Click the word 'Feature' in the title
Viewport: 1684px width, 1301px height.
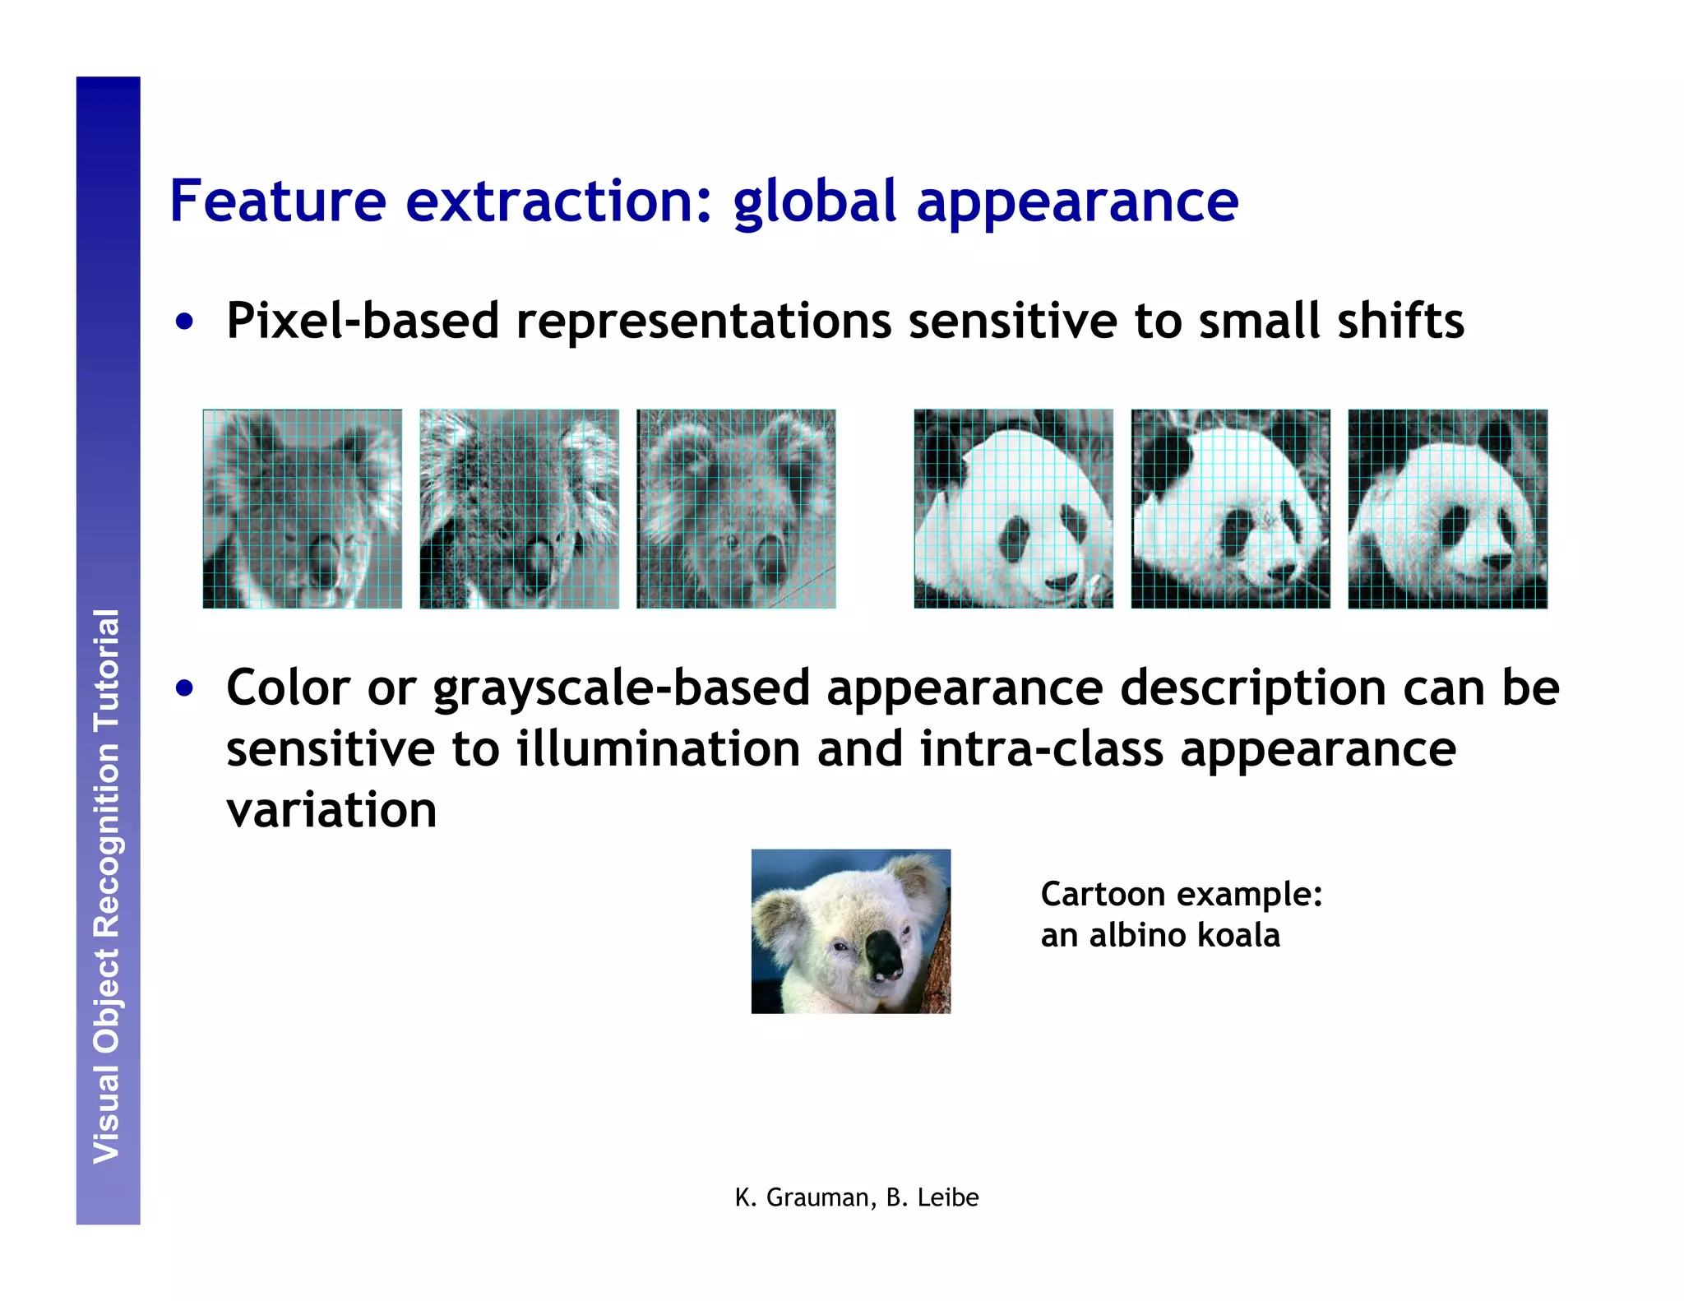click(x=277, y=201)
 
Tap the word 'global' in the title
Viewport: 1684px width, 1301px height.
click(x=814, y=201)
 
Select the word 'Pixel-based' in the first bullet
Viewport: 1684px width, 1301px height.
click(x=363, y=321)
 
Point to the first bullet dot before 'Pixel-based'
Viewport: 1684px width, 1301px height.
click(x=185, y=322)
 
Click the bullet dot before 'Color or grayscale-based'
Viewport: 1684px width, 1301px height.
click(x=185, y=688)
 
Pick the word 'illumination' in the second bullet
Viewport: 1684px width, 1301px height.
click(x=658, y=749)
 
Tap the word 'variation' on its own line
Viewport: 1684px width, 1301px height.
click(x=331, y=811)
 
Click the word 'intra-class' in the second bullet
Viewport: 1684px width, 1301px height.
click(x=1041, y=749)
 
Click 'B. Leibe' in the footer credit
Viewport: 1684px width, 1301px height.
click(x=932, y=1198)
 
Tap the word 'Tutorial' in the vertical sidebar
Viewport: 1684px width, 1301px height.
click(x=108, y=670)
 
